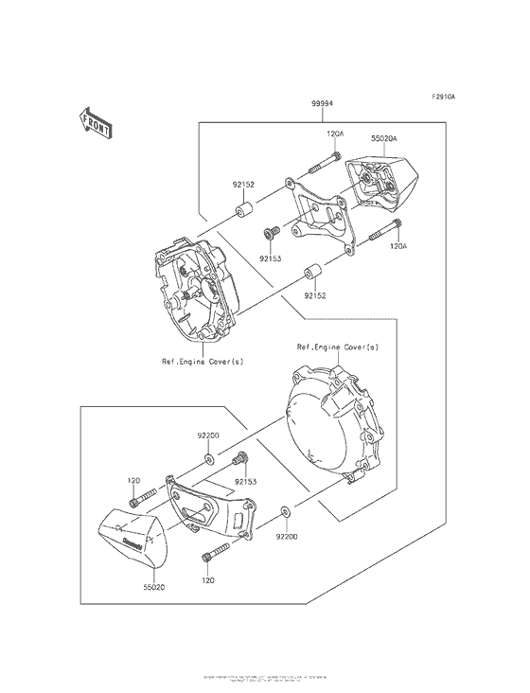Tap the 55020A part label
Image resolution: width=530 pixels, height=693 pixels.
[385, 139]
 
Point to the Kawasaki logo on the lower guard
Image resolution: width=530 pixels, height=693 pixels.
[132, 543]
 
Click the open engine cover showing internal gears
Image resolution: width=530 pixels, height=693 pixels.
[194, 289]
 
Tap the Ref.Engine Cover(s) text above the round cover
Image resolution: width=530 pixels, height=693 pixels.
[337, 347]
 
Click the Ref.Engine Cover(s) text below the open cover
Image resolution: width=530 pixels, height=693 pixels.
[200, 361]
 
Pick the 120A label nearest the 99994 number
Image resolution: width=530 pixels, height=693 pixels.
[335, 134]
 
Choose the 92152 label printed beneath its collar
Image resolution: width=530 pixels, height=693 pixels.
[316, 295]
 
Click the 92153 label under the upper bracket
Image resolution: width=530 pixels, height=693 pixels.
[271, 257]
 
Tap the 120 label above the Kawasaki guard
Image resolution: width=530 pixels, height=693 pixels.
[133, 480]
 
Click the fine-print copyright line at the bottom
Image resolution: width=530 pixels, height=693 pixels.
[265, 680]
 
